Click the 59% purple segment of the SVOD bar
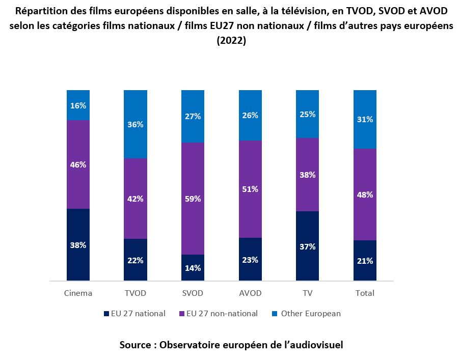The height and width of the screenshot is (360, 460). (x=193, y=199)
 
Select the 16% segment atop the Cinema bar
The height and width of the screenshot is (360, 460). (x=78, y=105)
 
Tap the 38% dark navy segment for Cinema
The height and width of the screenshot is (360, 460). (x=78, y=244)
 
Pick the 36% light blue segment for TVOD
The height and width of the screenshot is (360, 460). (x=136, y=124)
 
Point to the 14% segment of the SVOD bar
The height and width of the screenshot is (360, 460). (x=193, y=268)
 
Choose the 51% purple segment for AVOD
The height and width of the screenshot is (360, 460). (x=250, y=189)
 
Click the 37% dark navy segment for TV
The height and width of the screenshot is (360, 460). (x=308, y=246)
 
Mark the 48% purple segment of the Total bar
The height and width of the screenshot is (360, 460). (x=365, y=195)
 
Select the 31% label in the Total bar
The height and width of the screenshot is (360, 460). (x=365, y=120)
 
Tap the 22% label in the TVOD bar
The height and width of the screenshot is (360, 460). (x=136, y=260)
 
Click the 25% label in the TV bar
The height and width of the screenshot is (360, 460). (x=308, y=115)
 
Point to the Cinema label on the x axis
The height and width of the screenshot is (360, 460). (x=78, y=293)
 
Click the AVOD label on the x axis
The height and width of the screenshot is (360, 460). (x=250, y=293)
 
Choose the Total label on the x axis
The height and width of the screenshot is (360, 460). (x=365, y=293)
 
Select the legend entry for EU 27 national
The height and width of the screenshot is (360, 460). (x=134, y=314)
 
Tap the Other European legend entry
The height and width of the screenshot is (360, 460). (x=306, y=314)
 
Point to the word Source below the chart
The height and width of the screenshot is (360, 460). (x=135, y=345)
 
